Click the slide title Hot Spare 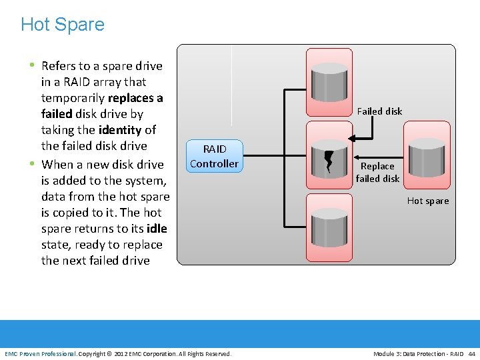click(x=63, y=25)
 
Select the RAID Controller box click(x=214, y=156)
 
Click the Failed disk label click(x=379, y=111)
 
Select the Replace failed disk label click(x=377, y=172)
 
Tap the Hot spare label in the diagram click(x=428, y=201)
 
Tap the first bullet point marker click(x=32, y=65)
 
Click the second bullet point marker click(x=32, y=164)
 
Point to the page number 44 click(x=472, y=353)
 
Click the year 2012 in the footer click(x=121, y=353)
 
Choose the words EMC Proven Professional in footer click(x=41, y=353)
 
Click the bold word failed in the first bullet click(x=57, y=114)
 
